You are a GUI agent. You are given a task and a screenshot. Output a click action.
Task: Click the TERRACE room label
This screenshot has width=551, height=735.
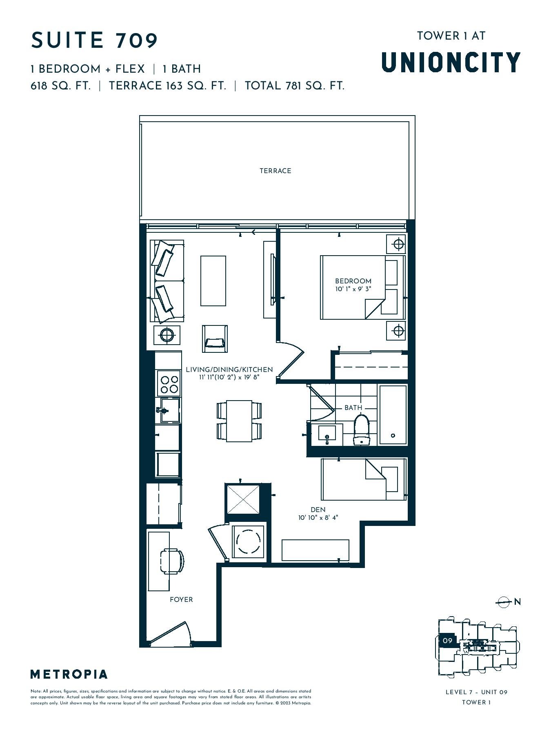(275, 171)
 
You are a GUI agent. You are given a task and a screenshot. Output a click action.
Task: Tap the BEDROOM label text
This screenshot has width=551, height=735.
(353, 281)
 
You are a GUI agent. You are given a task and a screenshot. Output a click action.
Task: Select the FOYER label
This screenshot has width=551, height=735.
(181, 599)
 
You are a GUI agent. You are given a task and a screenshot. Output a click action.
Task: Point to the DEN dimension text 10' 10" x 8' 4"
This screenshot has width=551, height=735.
(318, 518)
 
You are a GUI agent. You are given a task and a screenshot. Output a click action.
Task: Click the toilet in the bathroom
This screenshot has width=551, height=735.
(361, 430)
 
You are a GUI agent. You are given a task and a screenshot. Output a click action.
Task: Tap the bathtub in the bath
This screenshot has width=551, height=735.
(393, 414)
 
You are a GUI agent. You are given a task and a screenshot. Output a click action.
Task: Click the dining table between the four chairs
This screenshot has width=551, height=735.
(239, 421)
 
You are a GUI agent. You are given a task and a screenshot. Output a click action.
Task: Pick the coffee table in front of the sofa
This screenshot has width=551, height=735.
(213, 281)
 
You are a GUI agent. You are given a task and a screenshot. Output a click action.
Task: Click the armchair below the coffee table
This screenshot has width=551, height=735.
(215, 339)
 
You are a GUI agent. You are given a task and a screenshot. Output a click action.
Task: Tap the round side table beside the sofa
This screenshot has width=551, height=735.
(167, 335)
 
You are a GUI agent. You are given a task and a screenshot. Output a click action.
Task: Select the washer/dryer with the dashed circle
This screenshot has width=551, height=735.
(248, 541)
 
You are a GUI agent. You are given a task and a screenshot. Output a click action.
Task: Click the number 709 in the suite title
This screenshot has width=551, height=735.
(137, 40)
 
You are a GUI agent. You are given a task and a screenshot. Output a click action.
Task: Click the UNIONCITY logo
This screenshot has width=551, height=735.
(451, 62)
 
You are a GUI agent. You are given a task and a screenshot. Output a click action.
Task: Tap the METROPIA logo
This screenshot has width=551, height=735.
(69, 674)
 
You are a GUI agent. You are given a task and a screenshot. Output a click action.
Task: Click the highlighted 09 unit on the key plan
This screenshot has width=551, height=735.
(448, 641)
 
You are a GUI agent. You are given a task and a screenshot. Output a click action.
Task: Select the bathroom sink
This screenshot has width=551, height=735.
(327, 434)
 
